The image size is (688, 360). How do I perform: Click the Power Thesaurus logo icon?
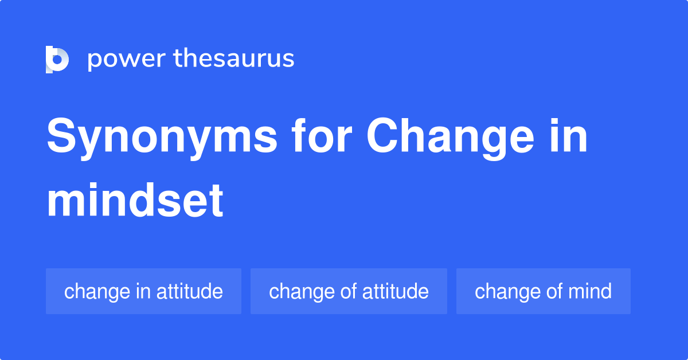(x=57, y=60)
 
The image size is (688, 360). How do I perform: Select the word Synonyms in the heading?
(x=162, y=138)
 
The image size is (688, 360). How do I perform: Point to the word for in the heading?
(x=322, y=135)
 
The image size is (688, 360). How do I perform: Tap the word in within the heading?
(x=568, y=136)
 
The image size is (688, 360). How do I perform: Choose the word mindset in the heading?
(x=135, y=200)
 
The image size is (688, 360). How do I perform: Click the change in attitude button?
(x=143, y=291)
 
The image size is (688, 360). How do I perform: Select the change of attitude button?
(x=349, y=291)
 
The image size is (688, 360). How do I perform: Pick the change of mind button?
(x=544, y=291)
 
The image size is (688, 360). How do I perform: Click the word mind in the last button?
(x=590, y=291)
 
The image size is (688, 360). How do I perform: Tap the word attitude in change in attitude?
(x=190, y=291)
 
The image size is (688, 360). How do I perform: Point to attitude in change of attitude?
(x=395, y=291)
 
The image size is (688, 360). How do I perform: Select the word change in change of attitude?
(x=302, y=292)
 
